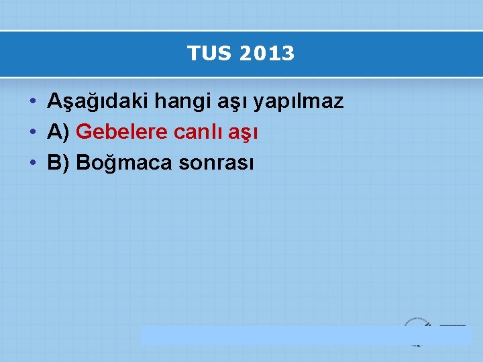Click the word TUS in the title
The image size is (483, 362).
tap(205, 54)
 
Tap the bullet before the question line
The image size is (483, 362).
tap(32, 103)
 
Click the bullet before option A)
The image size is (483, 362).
tap(32, 133)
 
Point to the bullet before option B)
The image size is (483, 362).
tap(32, 163)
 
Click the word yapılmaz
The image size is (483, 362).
tap(299, 102)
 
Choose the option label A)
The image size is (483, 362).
tap(59, 132)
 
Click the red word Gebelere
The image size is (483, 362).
tap(122, 132)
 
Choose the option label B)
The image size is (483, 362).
tap(59, 162)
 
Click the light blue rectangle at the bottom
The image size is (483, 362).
tap(275, 335)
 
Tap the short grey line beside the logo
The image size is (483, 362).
tap(452, 325)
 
